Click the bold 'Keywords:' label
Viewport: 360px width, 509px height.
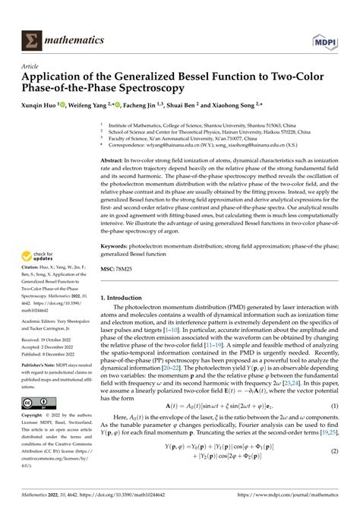coord(119,246)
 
